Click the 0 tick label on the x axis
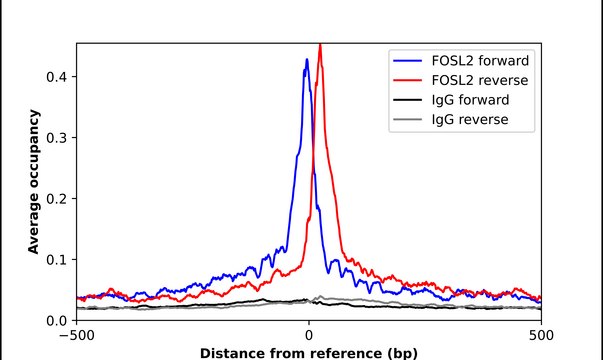pyautogui.click(x=309, y=336)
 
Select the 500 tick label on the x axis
pyautogui.click(x=541, y=336)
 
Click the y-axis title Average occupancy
pyautogui.click(x=34, y=182)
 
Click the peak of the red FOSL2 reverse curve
pyautogui.click(x=319, y=45)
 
